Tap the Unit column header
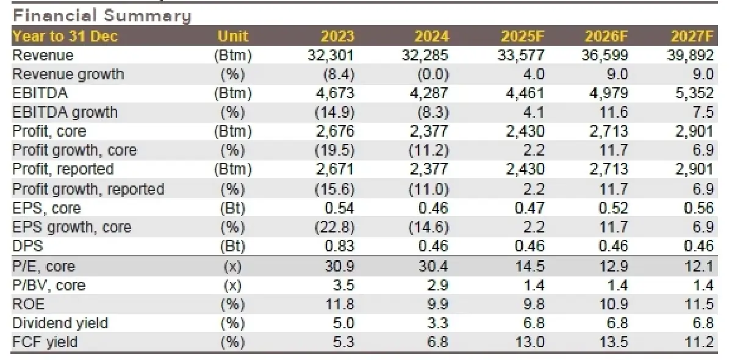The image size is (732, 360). (232, 37)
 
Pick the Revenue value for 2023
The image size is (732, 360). (330, 56)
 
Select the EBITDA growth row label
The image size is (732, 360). (65, 113)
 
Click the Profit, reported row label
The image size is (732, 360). (63, 170)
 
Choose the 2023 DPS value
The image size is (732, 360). (339, 247)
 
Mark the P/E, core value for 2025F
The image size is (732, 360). (529, 266)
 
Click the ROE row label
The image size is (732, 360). (28, 304)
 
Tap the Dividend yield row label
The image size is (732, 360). (59, 323)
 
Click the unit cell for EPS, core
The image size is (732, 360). (232, 208)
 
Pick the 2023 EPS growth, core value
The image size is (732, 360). (332, 228)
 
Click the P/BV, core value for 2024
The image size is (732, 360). (437, 285)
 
